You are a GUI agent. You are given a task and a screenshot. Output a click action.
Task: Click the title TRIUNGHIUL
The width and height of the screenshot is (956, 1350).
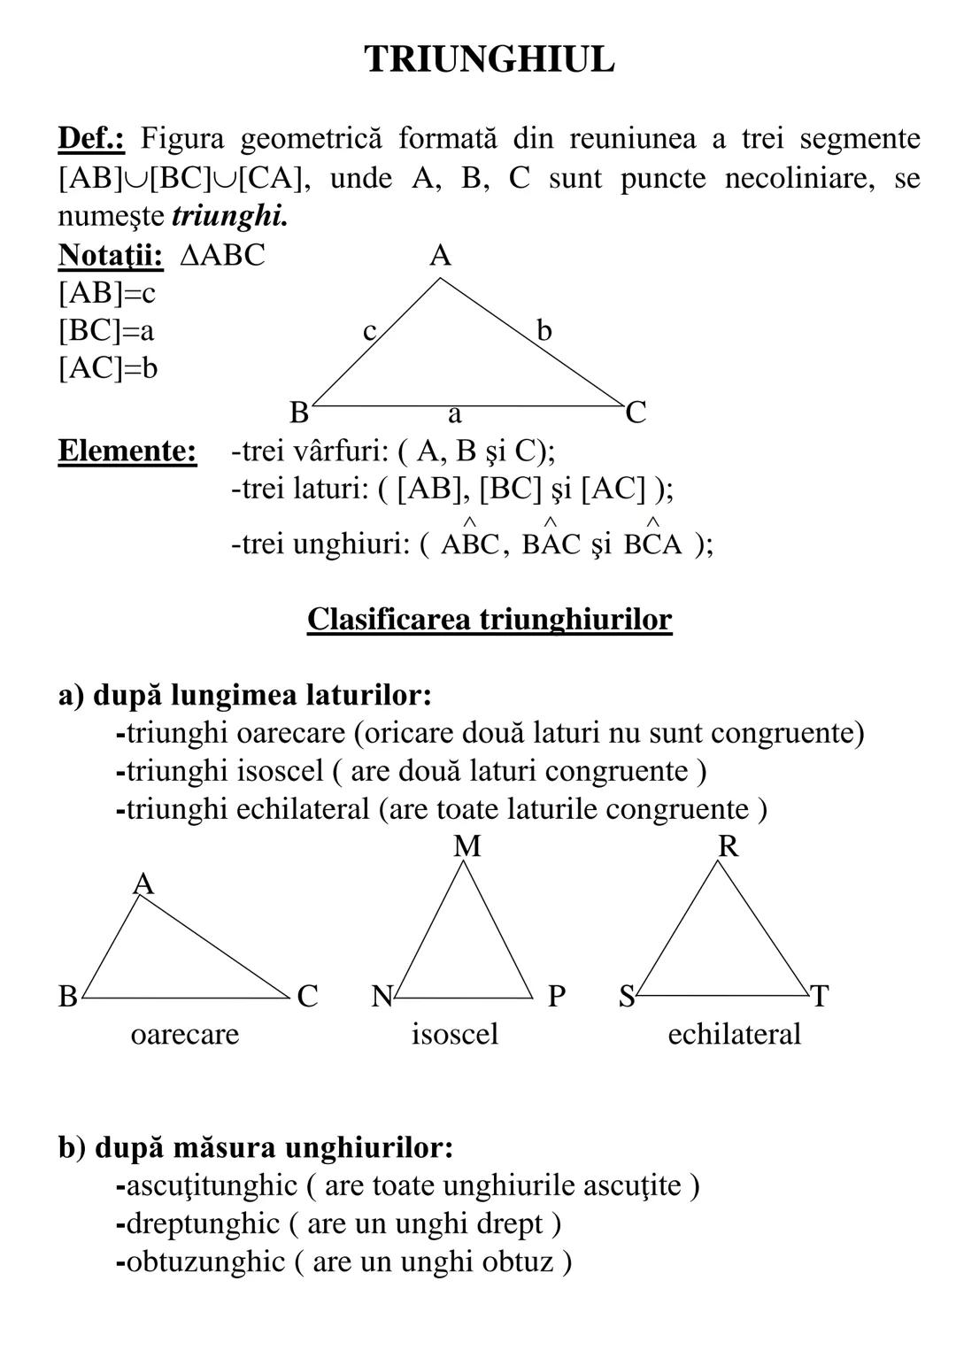pos(489,60)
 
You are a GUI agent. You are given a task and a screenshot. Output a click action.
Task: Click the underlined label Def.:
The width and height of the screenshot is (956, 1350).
pos(92,139)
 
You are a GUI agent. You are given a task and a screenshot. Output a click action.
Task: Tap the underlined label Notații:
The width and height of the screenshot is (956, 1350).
pos(111,256)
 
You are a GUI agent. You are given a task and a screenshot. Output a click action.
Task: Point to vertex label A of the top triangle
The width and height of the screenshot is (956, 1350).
pos(440,257)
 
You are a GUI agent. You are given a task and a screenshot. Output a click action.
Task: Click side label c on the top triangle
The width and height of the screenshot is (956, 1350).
pos(370,331)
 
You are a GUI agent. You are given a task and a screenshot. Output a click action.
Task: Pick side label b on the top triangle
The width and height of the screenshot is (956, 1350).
pos(544,331)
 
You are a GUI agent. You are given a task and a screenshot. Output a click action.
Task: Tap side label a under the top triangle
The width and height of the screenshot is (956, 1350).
pos(454,413)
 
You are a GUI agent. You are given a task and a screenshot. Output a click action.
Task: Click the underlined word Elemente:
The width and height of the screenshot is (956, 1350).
pos(127,451)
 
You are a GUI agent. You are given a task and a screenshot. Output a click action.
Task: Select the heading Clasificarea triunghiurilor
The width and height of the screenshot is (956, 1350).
pos(490,620)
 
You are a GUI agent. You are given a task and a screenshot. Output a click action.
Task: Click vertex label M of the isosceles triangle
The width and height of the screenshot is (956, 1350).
pos(466,847)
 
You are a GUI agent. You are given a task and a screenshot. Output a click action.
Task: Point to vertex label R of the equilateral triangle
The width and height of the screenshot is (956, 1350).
pos(728,847)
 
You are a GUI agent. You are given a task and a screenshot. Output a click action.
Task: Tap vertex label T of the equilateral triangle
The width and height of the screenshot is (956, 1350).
pos(820,997)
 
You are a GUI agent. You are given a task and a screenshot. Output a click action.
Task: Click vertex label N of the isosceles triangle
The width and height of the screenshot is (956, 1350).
pos(382,997)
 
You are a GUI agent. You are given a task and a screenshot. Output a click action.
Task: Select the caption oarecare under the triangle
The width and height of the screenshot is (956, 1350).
pos(184,1035)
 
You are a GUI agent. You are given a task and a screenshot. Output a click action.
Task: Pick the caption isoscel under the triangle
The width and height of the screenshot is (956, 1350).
pos(455,1034)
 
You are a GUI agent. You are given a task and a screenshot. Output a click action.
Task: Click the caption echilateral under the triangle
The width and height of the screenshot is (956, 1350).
pos(734,1034)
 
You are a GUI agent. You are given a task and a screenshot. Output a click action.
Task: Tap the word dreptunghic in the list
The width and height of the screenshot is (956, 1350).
pos(203,1224)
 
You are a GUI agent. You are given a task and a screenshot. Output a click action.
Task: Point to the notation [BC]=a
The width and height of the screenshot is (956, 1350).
pos(106,331)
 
